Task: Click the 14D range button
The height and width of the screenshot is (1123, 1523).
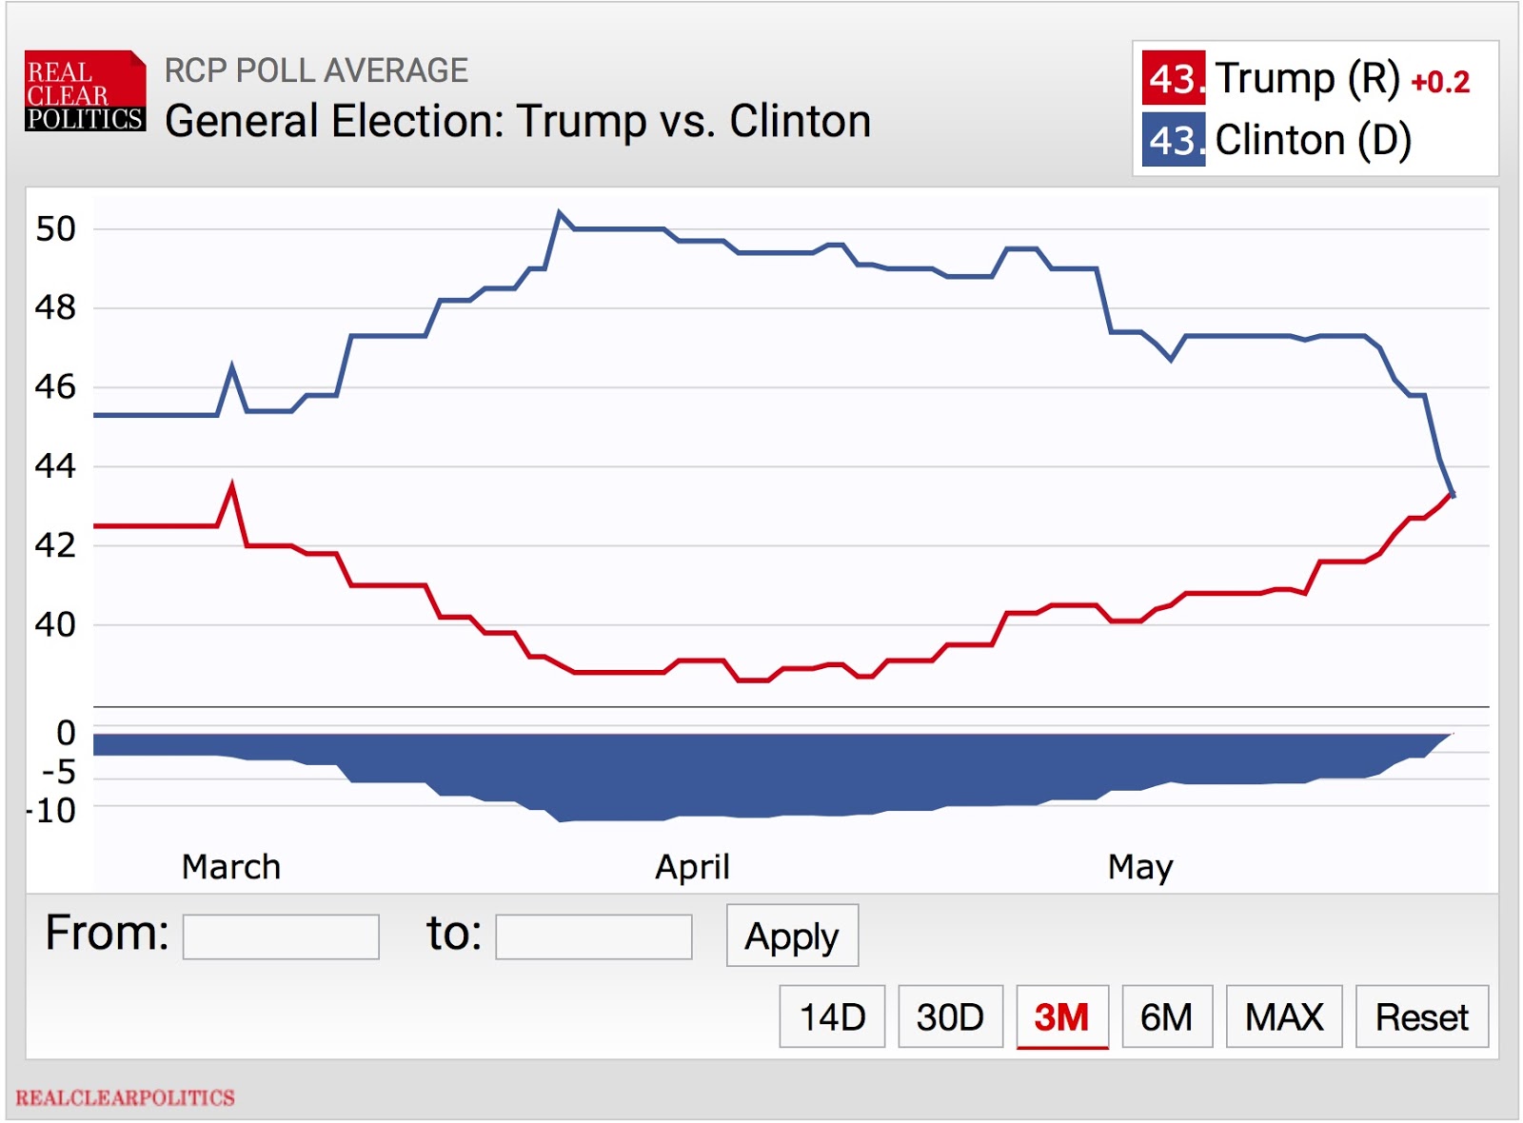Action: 832,1016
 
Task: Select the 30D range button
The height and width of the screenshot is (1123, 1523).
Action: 950,1016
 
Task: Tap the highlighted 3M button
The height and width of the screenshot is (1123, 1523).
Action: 1061,1016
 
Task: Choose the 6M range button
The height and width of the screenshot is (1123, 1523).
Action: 1166,1016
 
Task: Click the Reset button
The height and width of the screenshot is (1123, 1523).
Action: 1421,1016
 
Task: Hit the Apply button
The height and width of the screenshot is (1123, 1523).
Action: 792,936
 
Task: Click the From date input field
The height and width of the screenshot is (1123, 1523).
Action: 281,937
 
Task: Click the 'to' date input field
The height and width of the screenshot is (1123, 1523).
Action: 594,937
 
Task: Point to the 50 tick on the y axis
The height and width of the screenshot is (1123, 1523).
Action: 55,229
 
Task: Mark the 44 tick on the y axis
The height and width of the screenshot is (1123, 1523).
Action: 55,466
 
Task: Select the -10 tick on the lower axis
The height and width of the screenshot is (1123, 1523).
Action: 53,811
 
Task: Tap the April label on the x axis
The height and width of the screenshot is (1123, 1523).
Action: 692,867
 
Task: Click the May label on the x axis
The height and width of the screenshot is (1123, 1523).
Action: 1140,867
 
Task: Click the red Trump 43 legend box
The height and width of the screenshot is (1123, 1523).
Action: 1174,78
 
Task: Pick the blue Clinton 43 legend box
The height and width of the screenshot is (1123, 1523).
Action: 1174,140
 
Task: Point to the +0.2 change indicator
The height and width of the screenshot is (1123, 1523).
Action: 1440,83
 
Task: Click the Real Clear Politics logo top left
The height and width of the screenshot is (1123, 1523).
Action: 85,91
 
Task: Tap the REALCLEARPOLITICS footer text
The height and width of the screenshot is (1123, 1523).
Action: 125,1097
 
